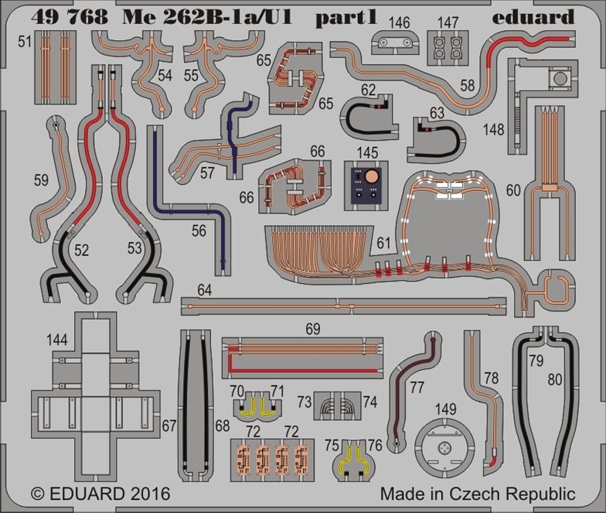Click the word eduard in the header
533,18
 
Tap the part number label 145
367,152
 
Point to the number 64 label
205,290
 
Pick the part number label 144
57,340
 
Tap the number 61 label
383,243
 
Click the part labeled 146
394,43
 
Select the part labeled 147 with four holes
448,48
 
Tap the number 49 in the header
44,17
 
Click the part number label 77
417,387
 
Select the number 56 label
199,231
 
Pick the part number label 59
42,180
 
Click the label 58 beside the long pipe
467,85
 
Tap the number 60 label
513,190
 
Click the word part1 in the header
346,19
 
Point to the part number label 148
493,130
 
